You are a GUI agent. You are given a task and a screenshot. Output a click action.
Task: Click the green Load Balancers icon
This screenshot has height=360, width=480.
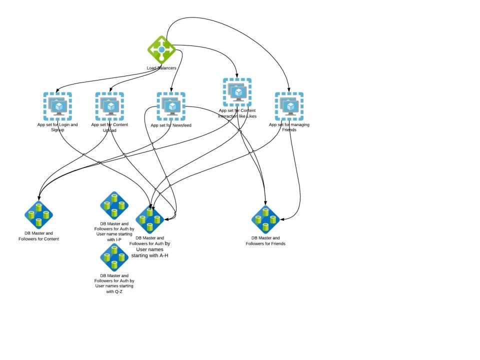[x=161, y=49]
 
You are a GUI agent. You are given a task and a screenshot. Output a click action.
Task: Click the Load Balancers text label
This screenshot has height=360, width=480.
[x=161, y=67]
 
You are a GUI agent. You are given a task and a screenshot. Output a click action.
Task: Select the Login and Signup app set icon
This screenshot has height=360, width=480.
[x=57, y=106]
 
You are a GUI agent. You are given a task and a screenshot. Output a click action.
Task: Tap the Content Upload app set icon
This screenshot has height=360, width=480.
[x=109, y=106]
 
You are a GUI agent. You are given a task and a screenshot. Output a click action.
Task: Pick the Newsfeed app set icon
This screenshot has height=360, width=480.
[x=171, y=106]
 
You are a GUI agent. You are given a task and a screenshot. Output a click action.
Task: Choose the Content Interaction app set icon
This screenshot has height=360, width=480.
[x=237, y=92]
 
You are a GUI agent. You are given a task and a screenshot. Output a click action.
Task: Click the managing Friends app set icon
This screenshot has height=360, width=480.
[x=289, y=106]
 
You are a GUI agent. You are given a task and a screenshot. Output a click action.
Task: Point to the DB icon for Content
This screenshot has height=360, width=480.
[x=38, y=215]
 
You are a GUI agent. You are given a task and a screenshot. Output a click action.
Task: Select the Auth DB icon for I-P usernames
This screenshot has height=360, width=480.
[x=114, y=205]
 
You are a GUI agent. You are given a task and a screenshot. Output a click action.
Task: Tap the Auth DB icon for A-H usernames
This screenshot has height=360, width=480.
[x=150, y=219]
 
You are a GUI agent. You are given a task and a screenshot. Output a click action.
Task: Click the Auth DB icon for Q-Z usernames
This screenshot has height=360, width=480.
[x=114, y=257]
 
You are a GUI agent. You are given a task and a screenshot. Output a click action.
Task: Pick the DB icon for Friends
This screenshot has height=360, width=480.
[x=265, y=219]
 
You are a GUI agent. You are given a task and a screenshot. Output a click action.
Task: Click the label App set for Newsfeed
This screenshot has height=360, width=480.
[x=171, y=125]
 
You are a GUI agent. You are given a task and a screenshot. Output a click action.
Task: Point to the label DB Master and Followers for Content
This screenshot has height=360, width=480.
[x=38, y=236]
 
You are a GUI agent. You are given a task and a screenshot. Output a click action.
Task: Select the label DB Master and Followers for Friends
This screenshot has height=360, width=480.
[x=265, y=240]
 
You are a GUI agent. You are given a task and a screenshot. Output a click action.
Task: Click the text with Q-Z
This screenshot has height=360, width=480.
[x=114, y=291]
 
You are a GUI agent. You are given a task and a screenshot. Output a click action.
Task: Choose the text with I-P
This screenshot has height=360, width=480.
[x=114, y=239]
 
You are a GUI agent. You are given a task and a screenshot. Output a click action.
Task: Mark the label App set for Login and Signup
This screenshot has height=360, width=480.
[x=57, y=127]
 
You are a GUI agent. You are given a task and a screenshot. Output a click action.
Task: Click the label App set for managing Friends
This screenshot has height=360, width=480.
[x=289, y=127]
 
